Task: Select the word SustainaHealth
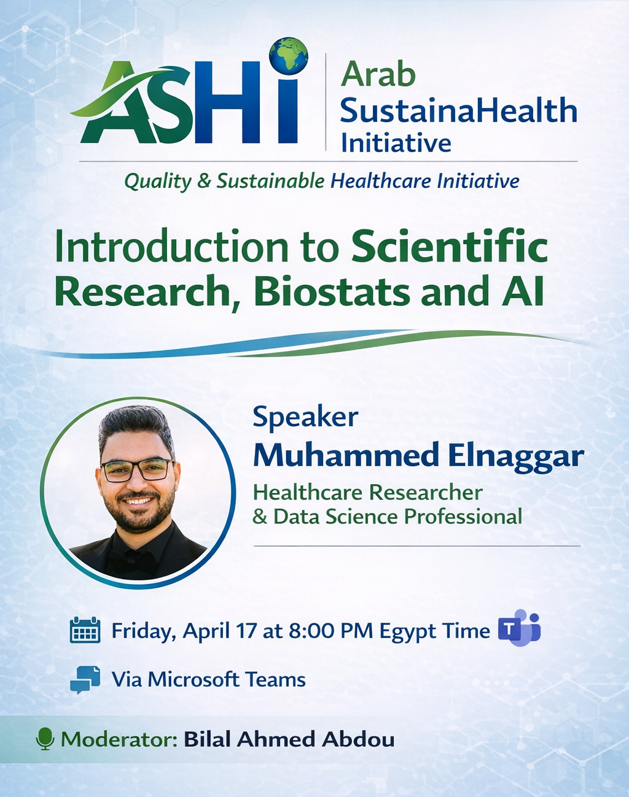(458, 110)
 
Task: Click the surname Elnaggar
(516, 457)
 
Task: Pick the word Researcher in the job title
(426, 493)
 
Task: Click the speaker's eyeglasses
(137, 470)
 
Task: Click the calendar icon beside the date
(85, 630)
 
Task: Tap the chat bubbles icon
(85, 680)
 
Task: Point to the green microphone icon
(45, 739)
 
